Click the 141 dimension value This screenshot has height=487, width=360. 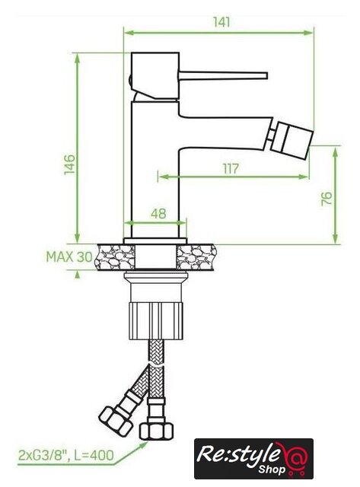221,22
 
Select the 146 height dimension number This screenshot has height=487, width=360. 69,164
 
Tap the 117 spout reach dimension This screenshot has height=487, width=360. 231,169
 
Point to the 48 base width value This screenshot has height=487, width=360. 158,214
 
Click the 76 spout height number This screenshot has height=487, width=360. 327,198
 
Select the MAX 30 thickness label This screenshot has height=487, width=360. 69,257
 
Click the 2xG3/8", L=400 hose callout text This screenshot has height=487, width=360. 66,455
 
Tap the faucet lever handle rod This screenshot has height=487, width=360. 223,75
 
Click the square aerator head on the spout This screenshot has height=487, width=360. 292,138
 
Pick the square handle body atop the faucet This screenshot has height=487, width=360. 155,76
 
